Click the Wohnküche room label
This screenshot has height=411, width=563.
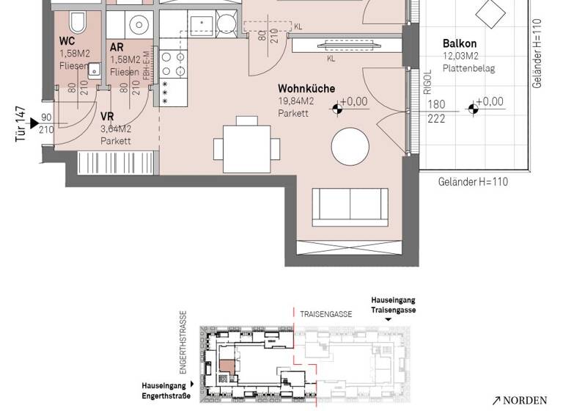[x=306, y=89]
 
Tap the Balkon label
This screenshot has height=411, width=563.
[x=460, y=44]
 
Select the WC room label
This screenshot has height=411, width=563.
[x=67, y=42]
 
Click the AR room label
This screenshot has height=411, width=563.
[x=116, y=47]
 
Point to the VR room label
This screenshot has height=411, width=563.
[x=107, y=117]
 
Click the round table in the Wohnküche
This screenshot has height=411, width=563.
[x=350, y=147]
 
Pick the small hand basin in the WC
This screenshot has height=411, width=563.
[x=94, y=71]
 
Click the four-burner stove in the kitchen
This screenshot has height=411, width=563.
[x=172, y=64]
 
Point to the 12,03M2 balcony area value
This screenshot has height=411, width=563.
[x=460, y=57]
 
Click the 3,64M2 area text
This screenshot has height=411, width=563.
[x=116, y=129]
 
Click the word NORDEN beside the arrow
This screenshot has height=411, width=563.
[x=524, y=401]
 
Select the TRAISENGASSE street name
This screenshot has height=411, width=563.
[x=325, y=314]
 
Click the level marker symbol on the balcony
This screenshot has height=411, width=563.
[x=473, y=110]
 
